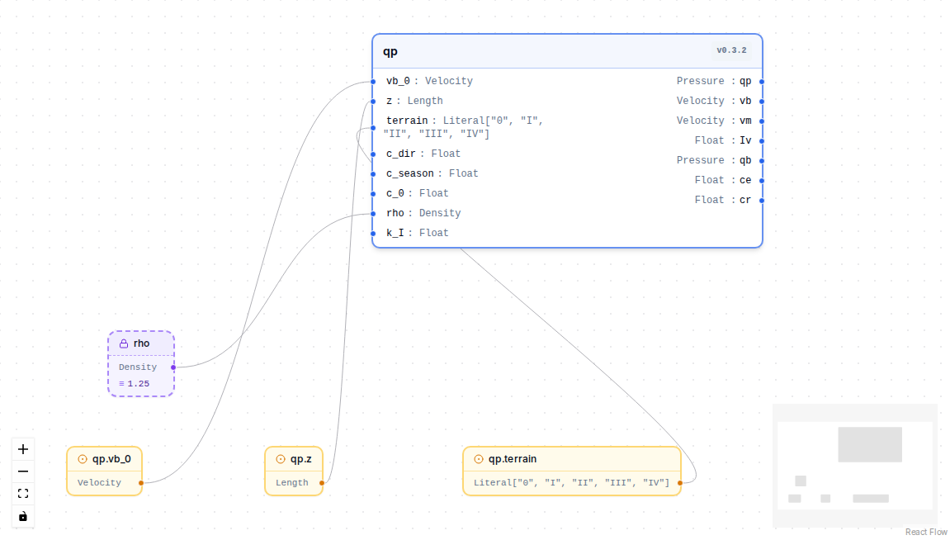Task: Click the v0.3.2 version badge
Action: (x=731, y=50)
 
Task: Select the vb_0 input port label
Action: (x=398, y=81)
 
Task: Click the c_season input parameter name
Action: (x=410, y=173)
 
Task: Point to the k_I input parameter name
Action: (x=395, y=233)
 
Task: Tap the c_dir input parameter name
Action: (x=401, y=154)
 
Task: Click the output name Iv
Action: (x=745, y=140)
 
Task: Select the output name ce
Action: (x=745, y=180)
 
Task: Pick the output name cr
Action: (x=745, y=200)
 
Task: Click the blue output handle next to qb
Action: (x=762, y=161)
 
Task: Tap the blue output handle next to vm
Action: (x=762, y=121)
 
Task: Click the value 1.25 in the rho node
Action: (x=138, y=384)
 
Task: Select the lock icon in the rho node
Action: (x=124, y=343)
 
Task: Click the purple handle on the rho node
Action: (x=173, y=367)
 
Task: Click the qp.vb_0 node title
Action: (x=111, y=459)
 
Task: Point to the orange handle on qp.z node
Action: (x=322, y=483)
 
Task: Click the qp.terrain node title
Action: (x=513, y=459)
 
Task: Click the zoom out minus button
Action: (x=23, y=471)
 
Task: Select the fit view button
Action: (x=23, y=494)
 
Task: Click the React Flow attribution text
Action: (x=926, y=532)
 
